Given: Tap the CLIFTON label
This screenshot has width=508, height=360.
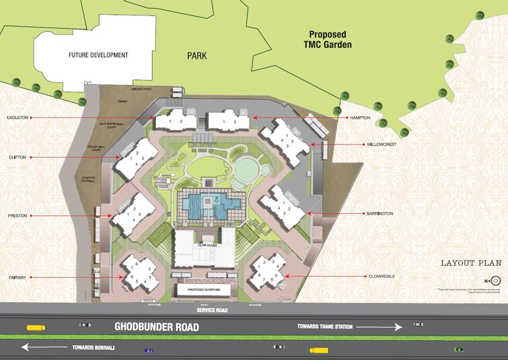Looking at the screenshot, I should (x=17, y=157).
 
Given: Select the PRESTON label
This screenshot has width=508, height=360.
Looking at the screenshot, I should (x=17, y=216).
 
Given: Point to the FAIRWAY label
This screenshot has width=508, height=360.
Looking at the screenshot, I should (x=17, y=277).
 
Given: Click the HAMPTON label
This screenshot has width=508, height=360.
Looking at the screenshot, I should (x=359, y=118).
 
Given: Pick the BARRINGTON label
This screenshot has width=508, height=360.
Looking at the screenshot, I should (x=381, y=213).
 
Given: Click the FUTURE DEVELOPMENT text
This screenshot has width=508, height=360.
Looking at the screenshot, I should (x=97, y=55).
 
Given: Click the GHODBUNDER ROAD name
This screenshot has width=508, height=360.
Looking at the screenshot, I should (x=157, y=326).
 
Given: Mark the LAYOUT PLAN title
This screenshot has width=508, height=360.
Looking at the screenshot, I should (x=468, y=263).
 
